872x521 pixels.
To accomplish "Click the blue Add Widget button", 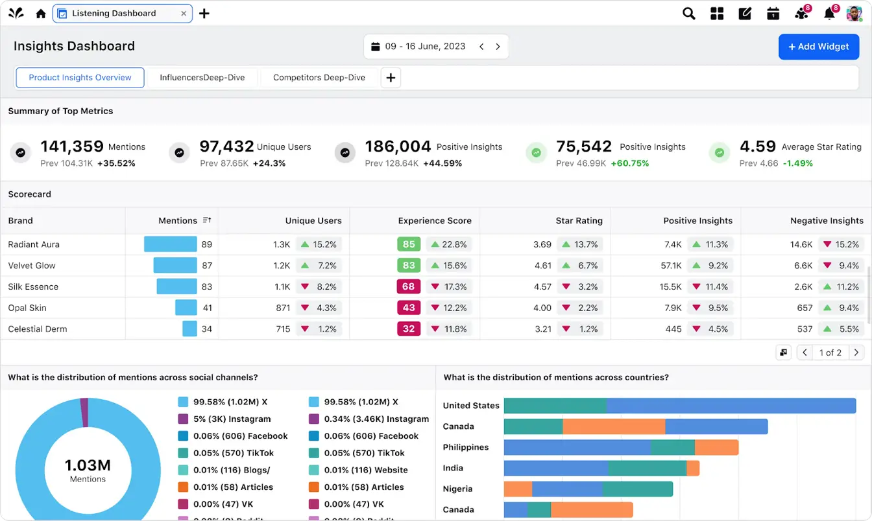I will coord(819,47).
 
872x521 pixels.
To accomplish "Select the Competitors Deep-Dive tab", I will coord(319,78).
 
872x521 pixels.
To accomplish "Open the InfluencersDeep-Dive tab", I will coord(202,78).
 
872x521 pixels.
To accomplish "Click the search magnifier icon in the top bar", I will coord(688,14).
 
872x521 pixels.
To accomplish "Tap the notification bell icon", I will coord(829,14).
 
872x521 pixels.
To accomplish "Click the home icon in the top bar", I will coord(41,14).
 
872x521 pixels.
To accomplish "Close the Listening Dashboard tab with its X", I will coord(184,14).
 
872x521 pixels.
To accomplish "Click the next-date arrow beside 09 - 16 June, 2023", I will coord(498,47).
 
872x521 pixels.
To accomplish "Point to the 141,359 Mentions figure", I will coord(72,146).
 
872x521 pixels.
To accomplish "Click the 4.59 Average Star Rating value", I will coord(757,146).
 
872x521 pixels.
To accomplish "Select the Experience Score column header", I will coord(434,221).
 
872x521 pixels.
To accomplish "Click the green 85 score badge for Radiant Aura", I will coord(409,244).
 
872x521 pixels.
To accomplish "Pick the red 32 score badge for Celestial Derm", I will coord(409,329).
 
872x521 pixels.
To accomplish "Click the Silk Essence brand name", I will coord(33,287).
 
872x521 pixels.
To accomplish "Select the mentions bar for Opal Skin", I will coord(186,308).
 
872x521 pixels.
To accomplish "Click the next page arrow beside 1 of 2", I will coord(856,353).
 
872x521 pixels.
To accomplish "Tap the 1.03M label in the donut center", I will coord(88,465).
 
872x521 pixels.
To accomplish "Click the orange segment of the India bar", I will coord(693,468).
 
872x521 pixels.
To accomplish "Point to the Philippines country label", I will coord(465,447).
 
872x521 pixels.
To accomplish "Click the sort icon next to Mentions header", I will coord(207,220).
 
